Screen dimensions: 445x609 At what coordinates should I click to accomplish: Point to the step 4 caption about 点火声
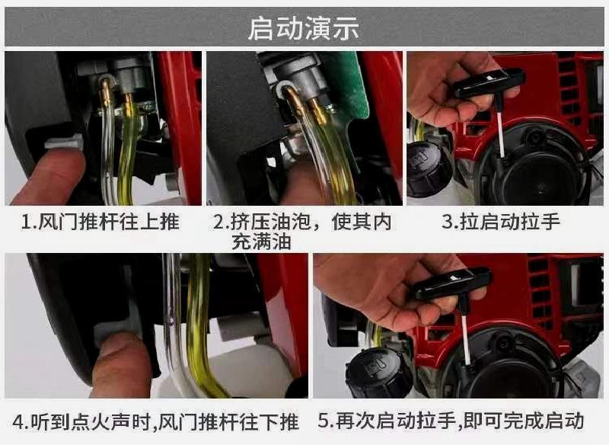point(156,421)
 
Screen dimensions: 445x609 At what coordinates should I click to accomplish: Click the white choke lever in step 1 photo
point(63,142)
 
